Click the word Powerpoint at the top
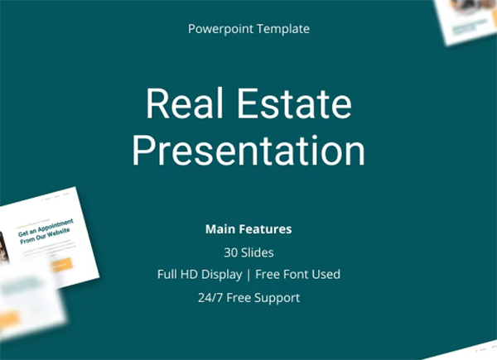217,29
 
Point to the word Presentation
248,151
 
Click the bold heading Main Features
248,228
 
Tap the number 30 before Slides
230,252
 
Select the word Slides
258,252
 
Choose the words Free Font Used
298,274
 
